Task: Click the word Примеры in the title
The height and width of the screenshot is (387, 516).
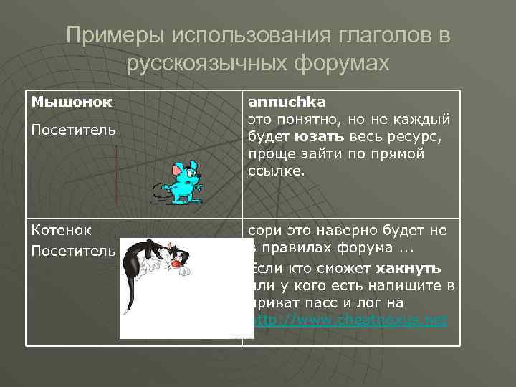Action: coord(108,36)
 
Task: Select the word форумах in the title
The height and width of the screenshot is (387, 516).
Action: coord(341,64)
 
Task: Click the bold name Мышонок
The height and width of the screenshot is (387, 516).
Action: coord(71,102)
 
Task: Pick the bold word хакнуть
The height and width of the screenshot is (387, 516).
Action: coord(407,268)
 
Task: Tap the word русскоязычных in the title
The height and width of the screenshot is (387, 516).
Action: coord(206,64)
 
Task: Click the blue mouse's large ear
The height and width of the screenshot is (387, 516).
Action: coord(177,171)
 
